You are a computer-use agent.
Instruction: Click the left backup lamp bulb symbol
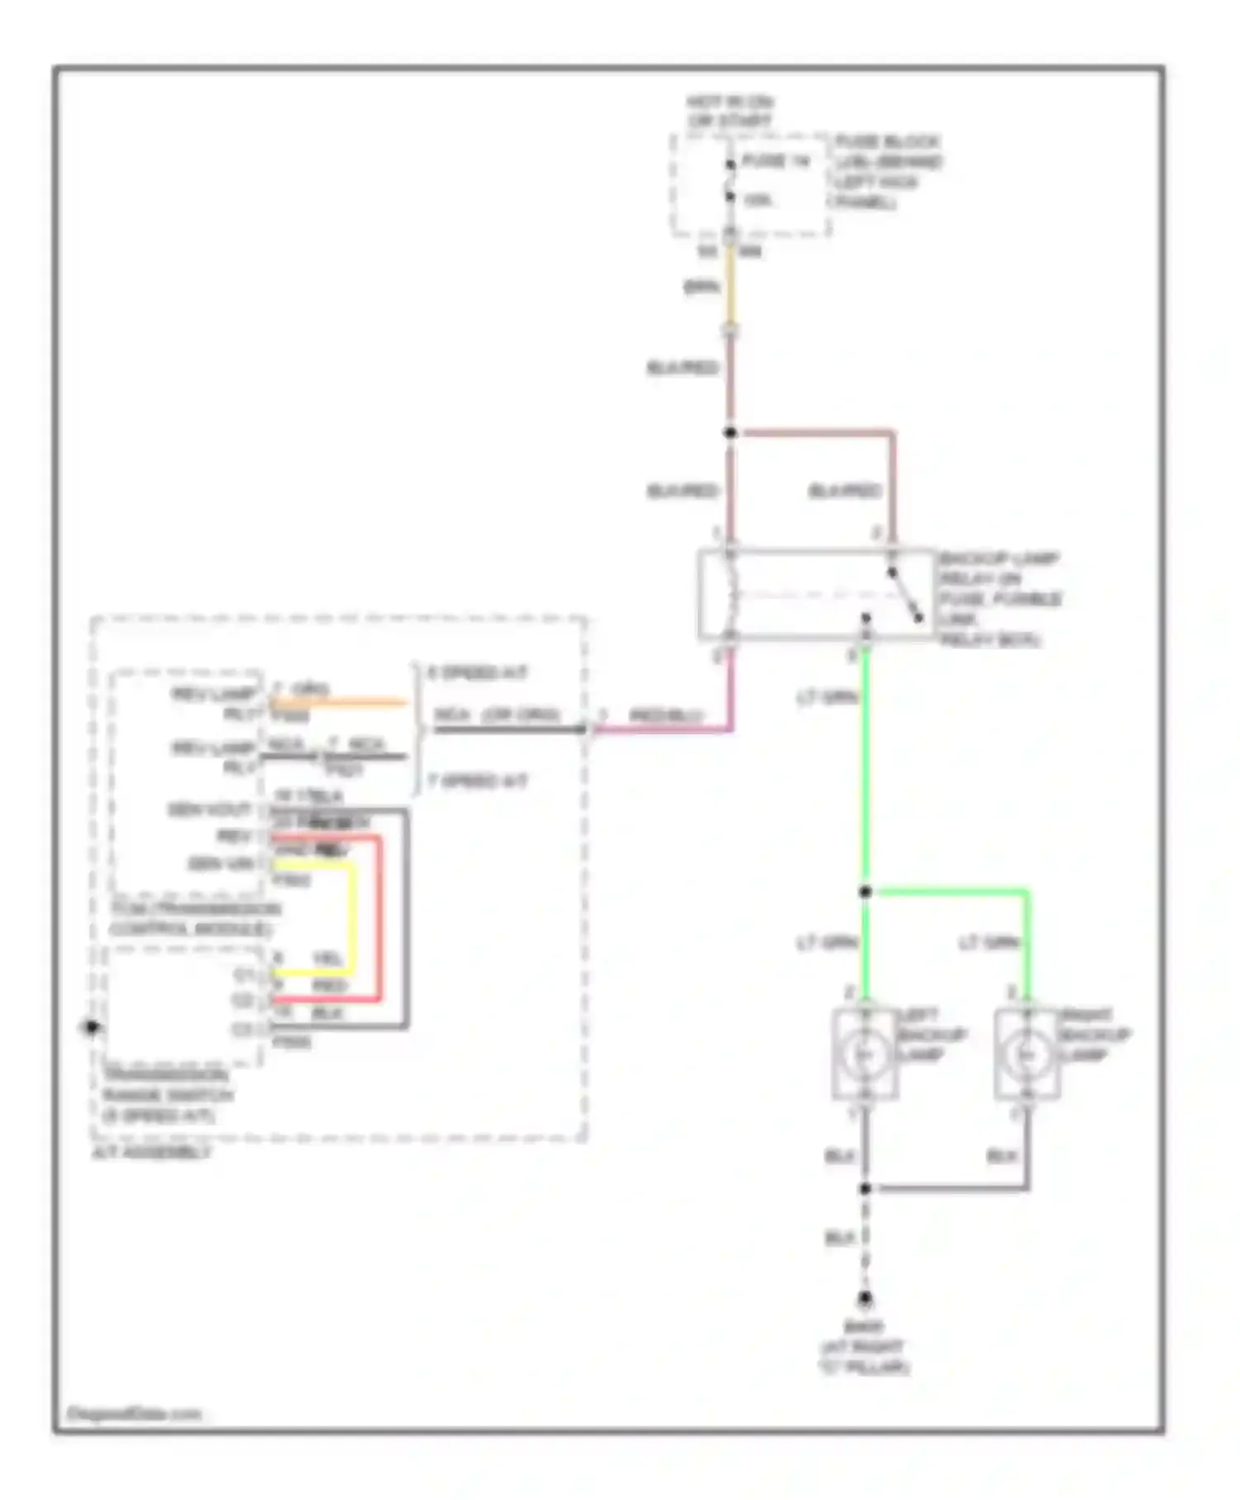[x=865, y=1055]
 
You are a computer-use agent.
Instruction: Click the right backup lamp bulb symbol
[x=1027, y=1055]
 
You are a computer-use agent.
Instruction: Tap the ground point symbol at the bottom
[x=865, y=1299]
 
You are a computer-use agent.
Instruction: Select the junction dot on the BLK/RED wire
[x=730, y=432]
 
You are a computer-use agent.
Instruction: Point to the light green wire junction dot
[x=865, y=891]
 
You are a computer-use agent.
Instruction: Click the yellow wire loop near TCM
[x=354, y=918]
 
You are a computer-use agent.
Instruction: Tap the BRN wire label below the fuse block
[x=701, y=287]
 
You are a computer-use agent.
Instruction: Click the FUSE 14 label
[x=775, y=161]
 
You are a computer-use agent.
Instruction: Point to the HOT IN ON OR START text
[x=729, y=112]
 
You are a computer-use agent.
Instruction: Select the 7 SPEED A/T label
[x=477, y=781]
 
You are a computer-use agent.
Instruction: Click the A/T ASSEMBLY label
[x=152, y=1153]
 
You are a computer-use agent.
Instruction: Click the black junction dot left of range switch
[x=91, y=1028]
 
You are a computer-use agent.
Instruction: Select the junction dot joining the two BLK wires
[x=865, y=1188]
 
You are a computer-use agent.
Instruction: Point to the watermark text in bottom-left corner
[x=133, y=1414]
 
